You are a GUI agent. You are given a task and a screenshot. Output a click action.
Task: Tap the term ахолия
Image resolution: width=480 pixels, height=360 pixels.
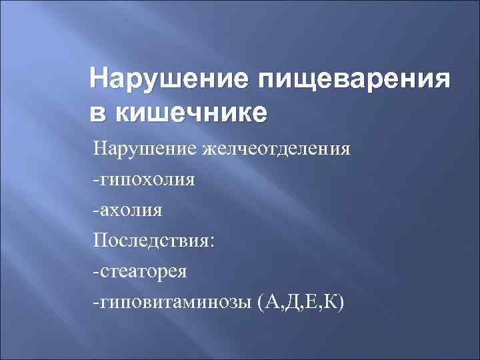(131, 210)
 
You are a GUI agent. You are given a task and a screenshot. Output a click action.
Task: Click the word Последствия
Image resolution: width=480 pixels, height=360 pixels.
(151, 241)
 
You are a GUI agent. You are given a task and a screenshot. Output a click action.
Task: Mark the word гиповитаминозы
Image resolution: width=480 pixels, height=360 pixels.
(175, 303)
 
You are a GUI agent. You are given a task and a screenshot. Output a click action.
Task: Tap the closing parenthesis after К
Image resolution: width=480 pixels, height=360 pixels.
(341, 303)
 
